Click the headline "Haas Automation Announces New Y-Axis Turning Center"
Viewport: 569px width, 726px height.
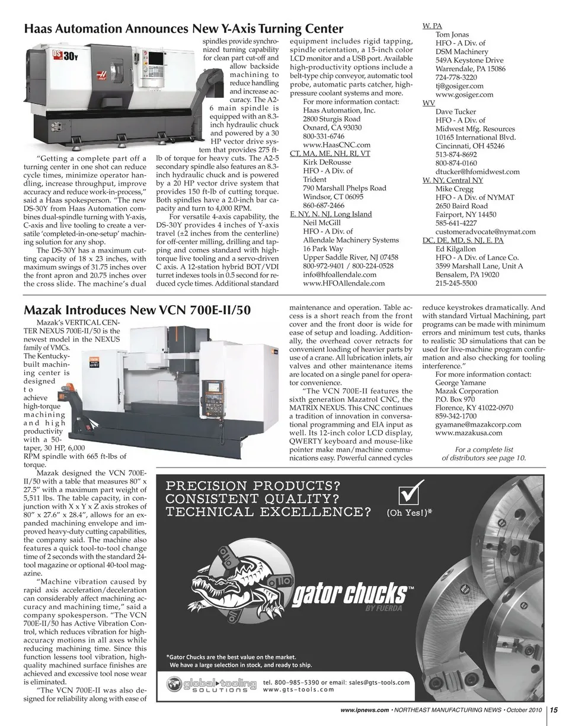(x=183, y=28)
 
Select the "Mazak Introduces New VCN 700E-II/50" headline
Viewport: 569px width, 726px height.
(x=137, y=311)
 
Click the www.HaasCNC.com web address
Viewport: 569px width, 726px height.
(x=336, y=145)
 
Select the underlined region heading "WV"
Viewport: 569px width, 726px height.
(x=429, y=103)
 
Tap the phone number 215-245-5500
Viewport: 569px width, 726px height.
(x=456, y=283)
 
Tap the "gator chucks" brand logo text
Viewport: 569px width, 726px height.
(x=350, y=594)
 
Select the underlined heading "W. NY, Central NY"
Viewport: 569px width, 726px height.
(x=452, y=180)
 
